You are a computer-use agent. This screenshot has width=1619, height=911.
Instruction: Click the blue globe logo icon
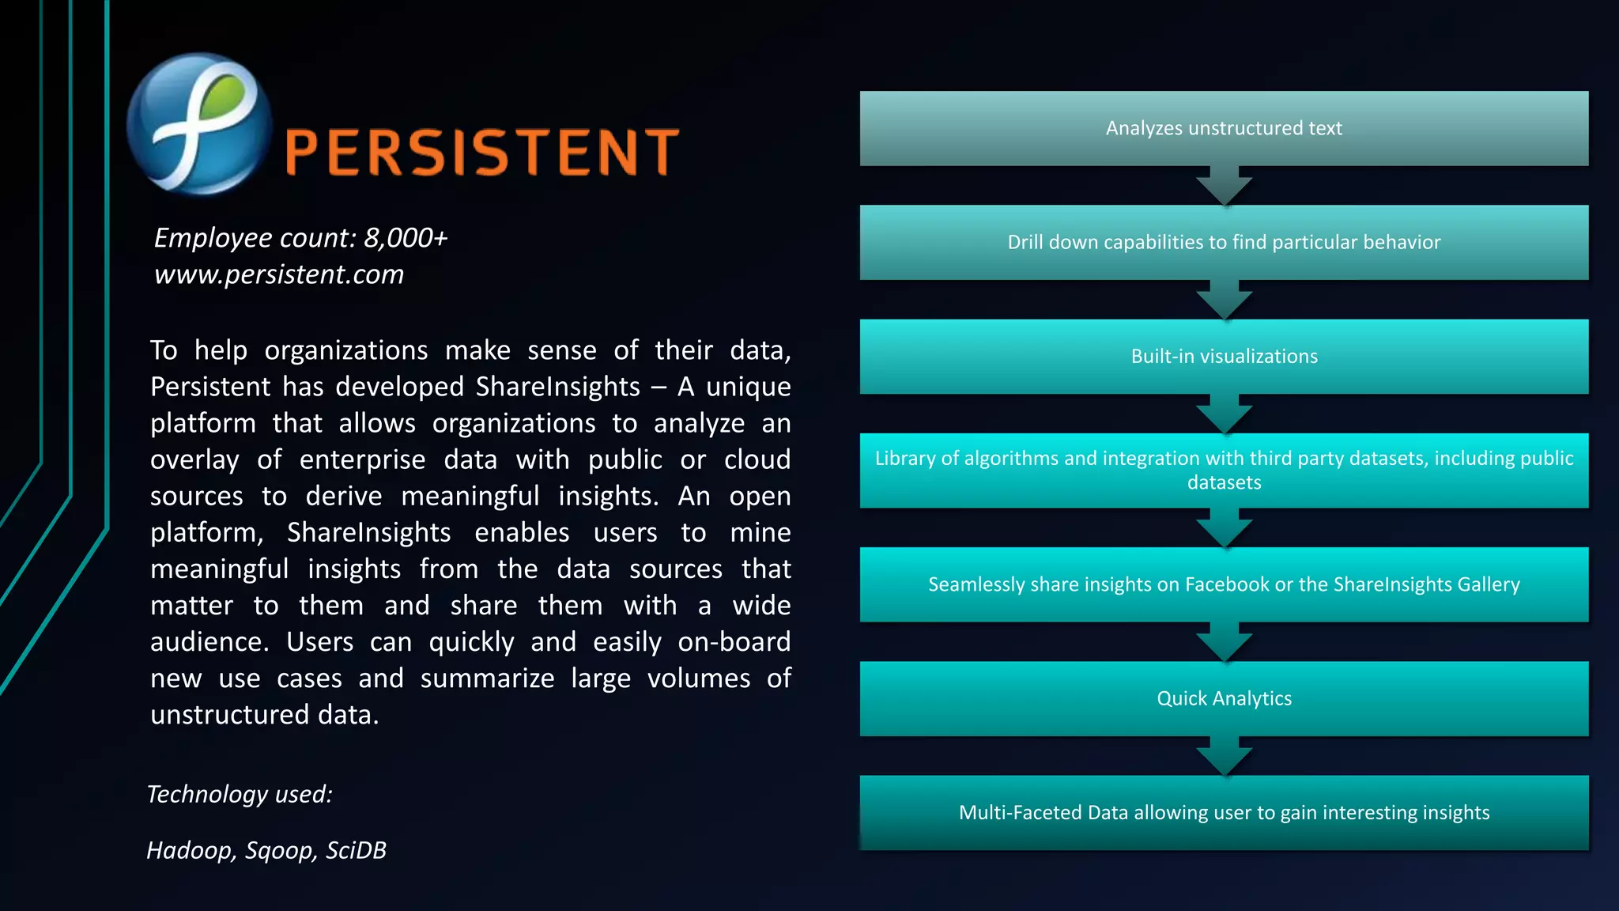[x=198, y=124]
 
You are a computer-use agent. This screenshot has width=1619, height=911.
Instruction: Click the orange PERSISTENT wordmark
[x=481, y=152]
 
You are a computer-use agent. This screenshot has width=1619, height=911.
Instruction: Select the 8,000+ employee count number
[x=406, y=237]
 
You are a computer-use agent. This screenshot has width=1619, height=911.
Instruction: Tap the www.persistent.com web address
[x=278, y=274]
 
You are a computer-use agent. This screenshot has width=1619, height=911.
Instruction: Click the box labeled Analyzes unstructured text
[x=1223, y=128]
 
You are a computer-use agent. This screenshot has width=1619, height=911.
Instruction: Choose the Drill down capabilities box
[x=1223, y=242]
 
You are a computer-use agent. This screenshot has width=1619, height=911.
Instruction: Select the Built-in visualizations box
[x=1223, y=356]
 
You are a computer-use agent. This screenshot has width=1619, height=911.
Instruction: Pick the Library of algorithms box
[x=1223, y=470]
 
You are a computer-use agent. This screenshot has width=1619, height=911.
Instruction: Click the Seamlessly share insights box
[x=1223, y=584]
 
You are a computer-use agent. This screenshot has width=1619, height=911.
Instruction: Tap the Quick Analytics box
[x=1223, y=698]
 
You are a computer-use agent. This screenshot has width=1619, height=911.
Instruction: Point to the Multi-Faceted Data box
[x=1223, y=812]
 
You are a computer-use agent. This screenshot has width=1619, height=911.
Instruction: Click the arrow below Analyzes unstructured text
[x=1224, y=187]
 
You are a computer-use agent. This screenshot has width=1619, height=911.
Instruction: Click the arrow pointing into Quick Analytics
[x=1224, y=643]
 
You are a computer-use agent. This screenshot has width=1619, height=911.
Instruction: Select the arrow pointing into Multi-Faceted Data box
[x=1224, y=757]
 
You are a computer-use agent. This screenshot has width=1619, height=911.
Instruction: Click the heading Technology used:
[x=240, y=794]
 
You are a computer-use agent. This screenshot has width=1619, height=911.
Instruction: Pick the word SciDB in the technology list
[x=356, y=850]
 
